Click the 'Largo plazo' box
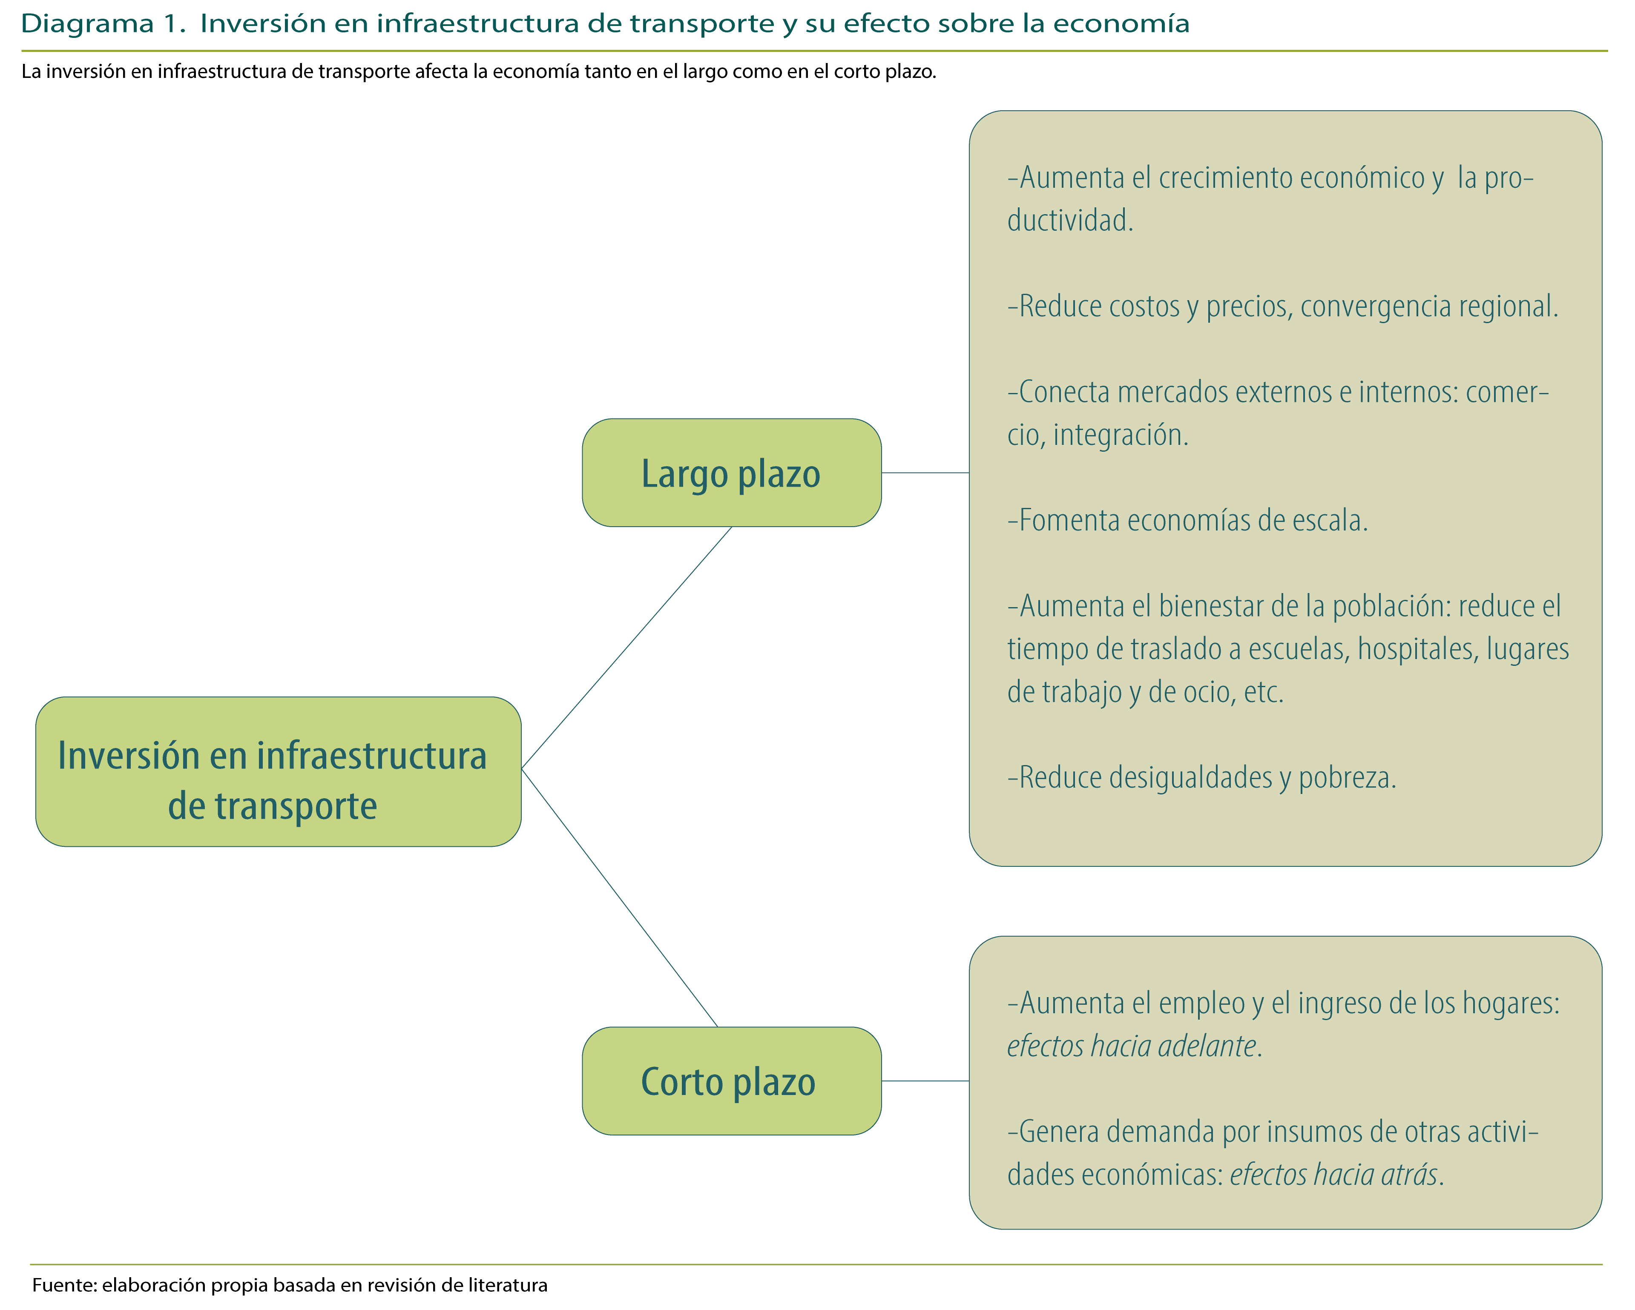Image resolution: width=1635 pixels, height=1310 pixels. coord(731,473)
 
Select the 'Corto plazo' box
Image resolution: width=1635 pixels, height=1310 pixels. coord(731,1081)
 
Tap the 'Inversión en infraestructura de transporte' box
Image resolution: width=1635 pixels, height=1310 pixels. coord(278,772)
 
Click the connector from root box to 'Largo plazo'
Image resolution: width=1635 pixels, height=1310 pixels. coord(626,648)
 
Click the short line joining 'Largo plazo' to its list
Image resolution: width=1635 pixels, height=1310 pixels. coord(925,473)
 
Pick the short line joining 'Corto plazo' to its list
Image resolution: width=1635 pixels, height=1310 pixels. coord(925,1081)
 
